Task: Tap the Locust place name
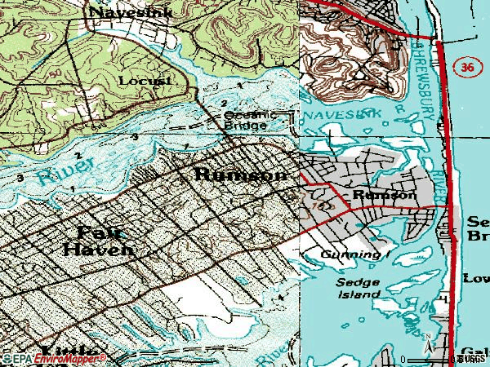(145, 81)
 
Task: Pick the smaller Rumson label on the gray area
(385, 196)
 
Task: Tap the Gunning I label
(350, 255)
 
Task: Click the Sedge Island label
(359, 288)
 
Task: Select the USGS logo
(472, 358)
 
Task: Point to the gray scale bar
(429, 359)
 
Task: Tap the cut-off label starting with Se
(478, 230)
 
